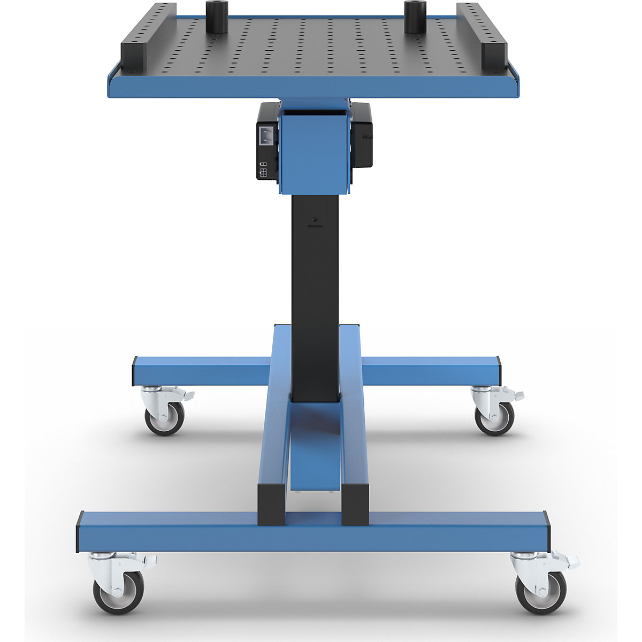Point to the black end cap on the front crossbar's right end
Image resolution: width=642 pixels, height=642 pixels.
pos(547,531)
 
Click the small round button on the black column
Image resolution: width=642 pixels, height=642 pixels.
pos(315,219)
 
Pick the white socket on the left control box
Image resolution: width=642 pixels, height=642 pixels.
pos(267,135)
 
